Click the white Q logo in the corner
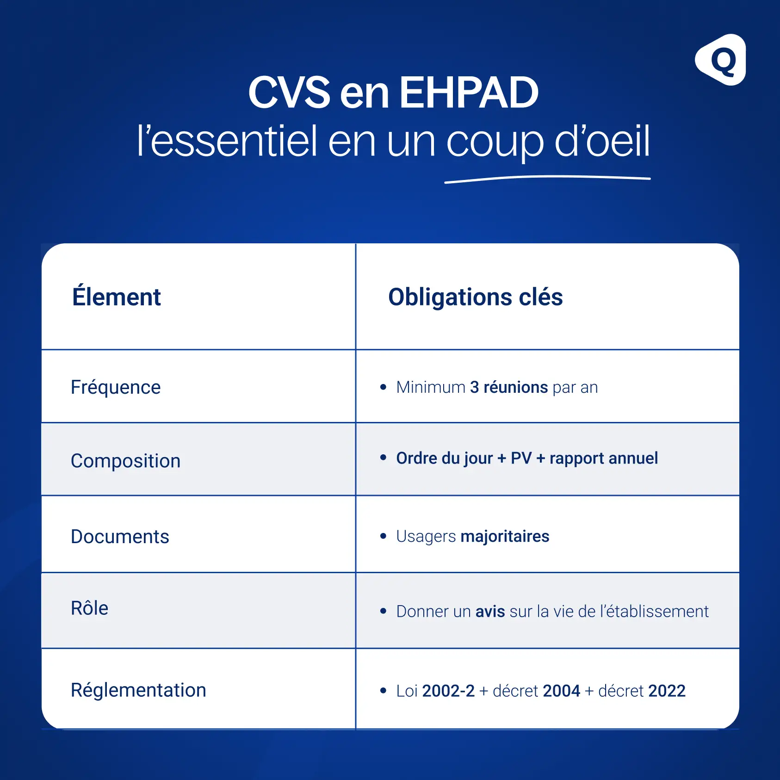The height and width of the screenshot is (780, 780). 721,60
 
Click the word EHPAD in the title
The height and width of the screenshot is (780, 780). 469,93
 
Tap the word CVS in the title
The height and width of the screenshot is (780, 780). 289,93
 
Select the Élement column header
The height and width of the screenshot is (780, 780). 116,297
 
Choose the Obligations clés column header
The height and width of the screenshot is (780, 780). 475,297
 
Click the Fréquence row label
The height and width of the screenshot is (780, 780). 116,387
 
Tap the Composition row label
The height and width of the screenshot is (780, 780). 125,461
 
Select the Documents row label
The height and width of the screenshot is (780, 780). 120,537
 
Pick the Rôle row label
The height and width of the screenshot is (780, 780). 89,608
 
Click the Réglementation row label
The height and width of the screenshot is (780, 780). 138,690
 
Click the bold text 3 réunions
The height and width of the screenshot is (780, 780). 508,387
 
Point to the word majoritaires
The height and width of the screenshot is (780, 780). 505,536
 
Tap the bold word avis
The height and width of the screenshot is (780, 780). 490,612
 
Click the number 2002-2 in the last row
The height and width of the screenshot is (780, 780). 448,691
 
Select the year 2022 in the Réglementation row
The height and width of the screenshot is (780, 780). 667,691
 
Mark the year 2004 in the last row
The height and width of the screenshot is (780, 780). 561,691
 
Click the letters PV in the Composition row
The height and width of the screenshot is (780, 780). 521,458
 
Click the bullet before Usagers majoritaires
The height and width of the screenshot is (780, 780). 383,536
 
